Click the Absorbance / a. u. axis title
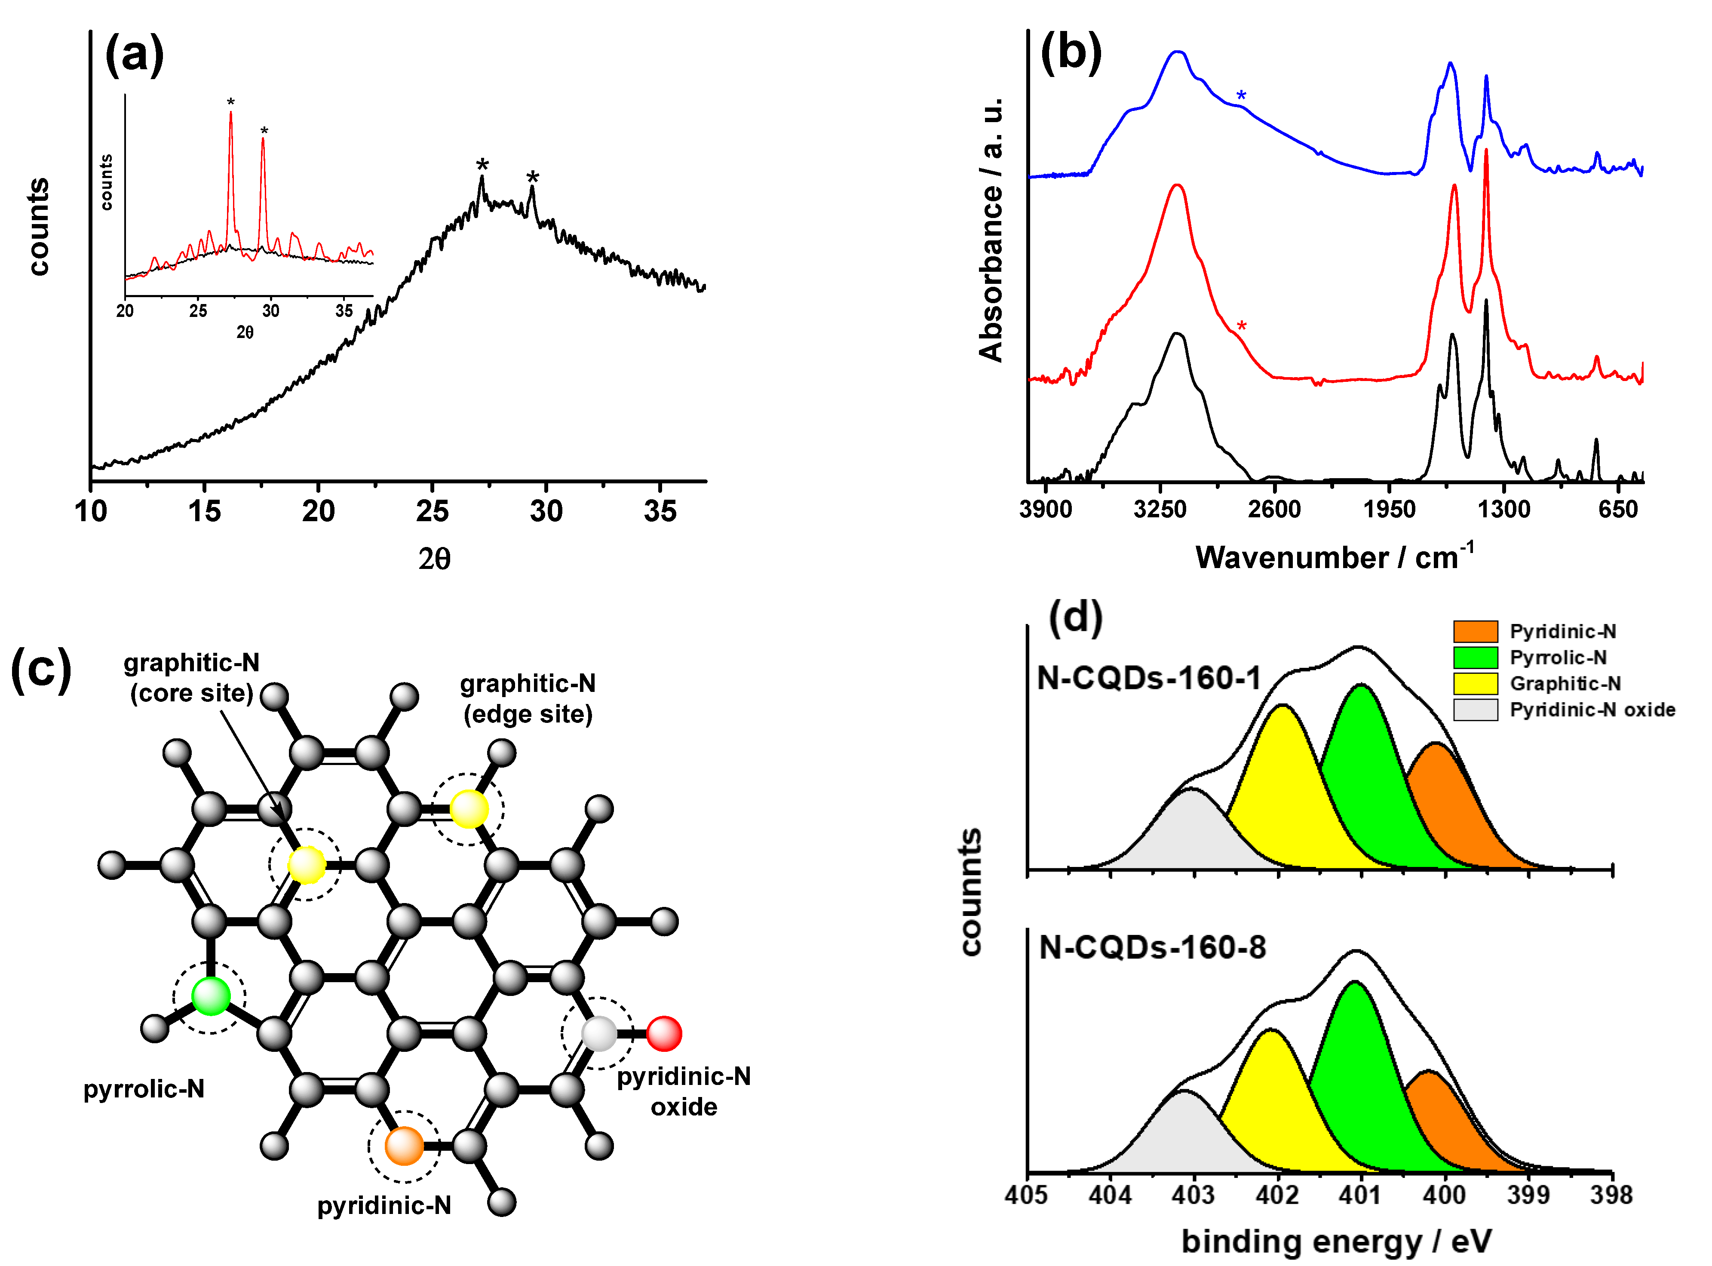(991, 230)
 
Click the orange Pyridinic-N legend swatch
(1475, 631)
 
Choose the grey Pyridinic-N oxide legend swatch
(1475, 710)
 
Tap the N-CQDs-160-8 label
(1152, 948)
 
